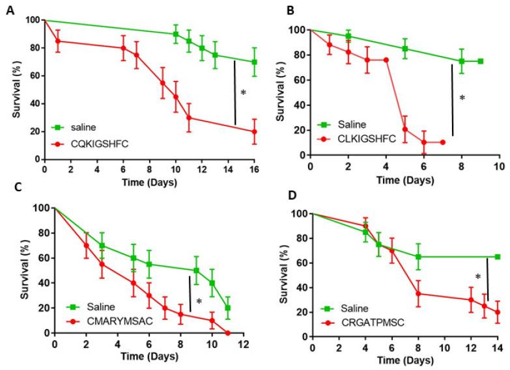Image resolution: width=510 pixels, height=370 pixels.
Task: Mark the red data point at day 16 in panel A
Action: pos(254,131)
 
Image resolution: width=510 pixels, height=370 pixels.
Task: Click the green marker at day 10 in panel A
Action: pos(176,34)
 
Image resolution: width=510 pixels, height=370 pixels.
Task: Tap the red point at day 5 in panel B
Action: pos(404,129)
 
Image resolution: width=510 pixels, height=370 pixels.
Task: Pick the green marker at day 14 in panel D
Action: pos(498,257)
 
